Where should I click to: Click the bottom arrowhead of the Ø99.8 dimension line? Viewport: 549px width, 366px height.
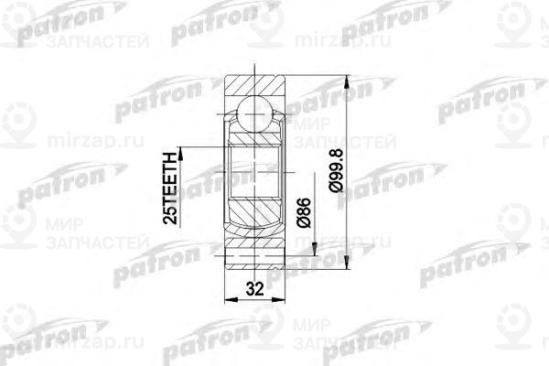[346, 267]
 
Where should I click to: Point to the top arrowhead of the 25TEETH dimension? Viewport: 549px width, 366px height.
[183, 146]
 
